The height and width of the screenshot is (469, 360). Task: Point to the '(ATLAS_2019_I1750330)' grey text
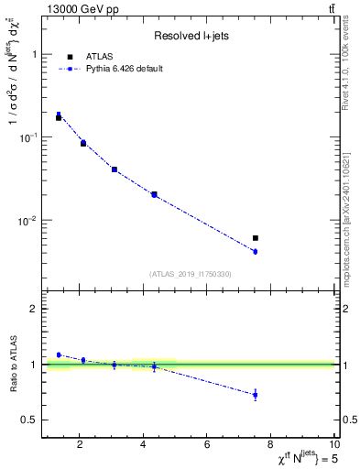[x=191, y=273]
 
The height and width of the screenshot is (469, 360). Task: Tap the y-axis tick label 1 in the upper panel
[x=34, y=54]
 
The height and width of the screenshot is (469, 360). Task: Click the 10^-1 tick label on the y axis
[x=29, y=137]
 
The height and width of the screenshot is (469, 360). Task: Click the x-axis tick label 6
[x=207, y=447]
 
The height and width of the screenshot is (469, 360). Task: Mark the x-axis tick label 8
[x=271, y=447]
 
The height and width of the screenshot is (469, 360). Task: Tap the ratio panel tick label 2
[x=34, y=310]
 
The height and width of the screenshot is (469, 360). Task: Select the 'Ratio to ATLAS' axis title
[x=13, y=364]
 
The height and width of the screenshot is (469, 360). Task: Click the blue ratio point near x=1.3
[x=59, y=354]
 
